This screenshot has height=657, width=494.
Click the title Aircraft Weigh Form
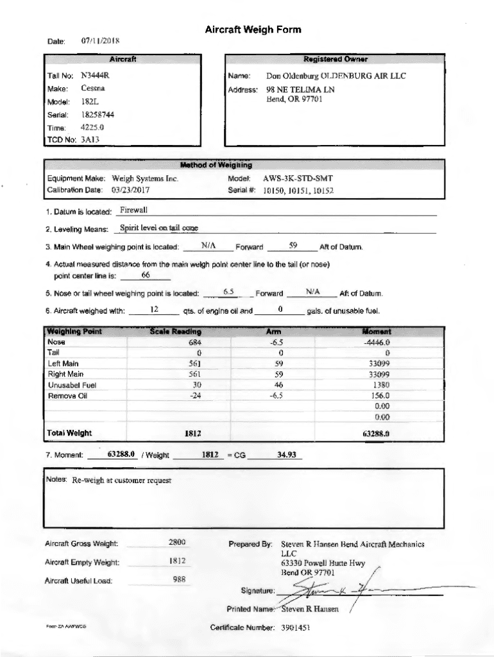[253, 30]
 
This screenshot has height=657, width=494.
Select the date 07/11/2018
[100, 41]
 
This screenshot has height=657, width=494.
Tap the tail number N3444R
[95, 76]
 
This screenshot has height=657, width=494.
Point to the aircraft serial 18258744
[98, 115]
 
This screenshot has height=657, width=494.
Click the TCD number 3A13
[90, 139]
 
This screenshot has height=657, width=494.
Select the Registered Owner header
[336, 60]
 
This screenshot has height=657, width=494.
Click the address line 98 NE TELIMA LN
[300, 90]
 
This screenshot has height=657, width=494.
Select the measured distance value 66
[145, 275]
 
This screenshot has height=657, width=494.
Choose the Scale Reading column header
[175, 332]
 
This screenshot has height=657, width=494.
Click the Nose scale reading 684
[195, 343]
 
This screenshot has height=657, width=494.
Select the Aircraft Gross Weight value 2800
[177, 543]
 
